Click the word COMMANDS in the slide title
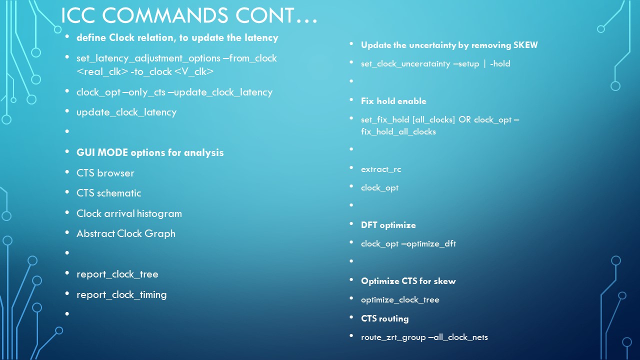pyautogui.click(x=165, y=15)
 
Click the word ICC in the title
pyautogui.click(x=78, y=15)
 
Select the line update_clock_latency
pyautogui.click(x=126, y=112)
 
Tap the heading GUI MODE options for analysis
pyautogui.click(x=150, y=152)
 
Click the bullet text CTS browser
pyautogui.click(x=105, y=173)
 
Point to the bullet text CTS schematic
pyautogui.click(x=109, y=193)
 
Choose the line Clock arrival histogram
pyautogui.click(x=129, y=213)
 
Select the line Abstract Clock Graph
pyautogui.click(x=126, y=233)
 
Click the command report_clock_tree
pyautogui.click(x=117, y=274)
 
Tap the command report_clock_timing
pyautogui.click(x=121, y=295)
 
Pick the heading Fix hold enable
pyautogui.click(x=393, y=101)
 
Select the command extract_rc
pyautogui.click(x=381, y=169)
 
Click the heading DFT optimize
pyautogui.click(x=388, y=225)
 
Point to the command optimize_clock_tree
pyautogui.click(x=400, y=299)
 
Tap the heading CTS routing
pyautogui.click(x=385, y=318)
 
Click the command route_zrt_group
pyautogui.click(x=393, y=337)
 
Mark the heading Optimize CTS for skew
pyautogui.click(x=408, y=281)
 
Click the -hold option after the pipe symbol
pyautogui.click(x=500, y=63)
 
